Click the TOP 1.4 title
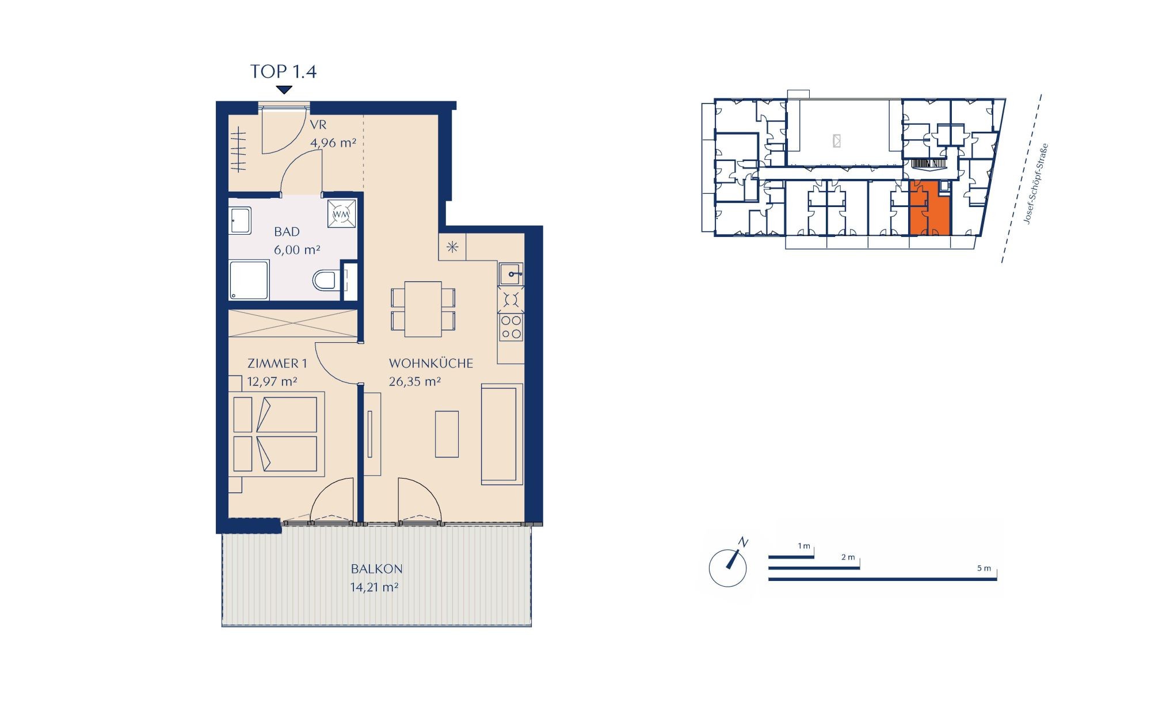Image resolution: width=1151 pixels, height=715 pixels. click(283, 71)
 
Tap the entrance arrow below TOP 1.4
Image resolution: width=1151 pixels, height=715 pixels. click(284, 90)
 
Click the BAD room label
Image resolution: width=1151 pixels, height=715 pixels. click(287, 232)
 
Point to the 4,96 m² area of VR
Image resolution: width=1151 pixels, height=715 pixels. click(333, 143)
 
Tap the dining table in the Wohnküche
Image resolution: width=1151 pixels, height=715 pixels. click(423, 309)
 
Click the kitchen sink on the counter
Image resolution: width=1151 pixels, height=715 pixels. click(511, 274)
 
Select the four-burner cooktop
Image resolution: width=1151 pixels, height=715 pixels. click(511, 327)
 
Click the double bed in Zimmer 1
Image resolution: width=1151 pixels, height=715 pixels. click(276, 434)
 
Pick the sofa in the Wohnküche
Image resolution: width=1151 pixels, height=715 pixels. click(502, 434)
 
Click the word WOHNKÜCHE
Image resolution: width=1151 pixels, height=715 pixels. click(431, 364)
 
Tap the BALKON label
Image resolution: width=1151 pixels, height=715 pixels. click(377, 569)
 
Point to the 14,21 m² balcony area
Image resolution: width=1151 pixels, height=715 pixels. click(375, 587)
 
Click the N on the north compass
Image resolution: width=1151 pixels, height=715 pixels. click(744, 542)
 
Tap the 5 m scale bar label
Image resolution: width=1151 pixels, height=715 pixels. click(984, 568)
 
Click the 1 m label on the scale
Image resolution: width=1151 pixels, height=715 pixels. click(804, 546)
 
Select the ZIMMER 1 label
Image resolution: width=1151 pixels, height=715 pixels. click(277, 364)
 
